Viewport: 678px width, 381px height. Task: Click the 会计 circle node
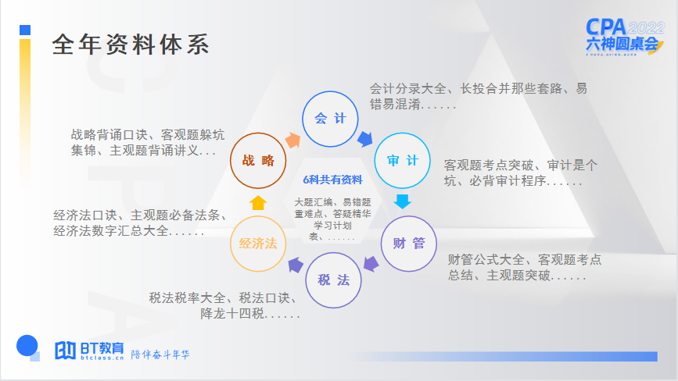(329, 119)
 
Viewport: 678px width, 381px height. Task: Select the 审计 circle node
(402, 161)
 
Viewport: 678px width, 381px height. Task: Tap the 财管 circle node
(408, 243)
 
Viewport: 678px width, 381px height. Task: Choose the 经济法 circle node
(258, 244)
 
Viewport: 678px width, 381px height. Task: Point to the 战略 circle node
(258, 161)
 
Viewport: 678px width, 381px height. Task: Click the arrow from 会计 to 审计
(364, 139)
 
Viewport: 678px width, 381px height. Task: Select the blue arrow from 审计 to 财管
(402, 201)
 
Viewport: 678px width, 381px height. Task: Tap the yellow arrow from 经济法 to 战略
(258, 203)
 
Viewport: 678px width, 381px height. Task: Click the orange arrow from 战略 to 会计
(292, 139)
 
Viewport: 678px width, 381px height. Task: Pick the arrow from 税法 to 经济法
(295, 265)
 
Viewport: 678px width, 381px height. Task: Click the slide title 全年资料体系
(131, 45)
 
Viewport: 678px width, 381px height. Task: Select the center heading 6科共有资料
(332, 180)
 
